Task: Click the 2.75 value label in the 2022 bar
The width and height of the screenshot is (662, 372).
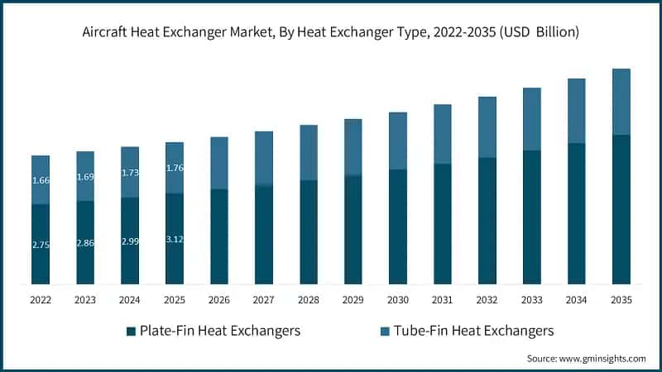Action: pos(41,246)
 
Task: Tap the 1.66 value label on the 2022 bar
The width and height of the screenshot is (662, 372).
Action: pos(41,180)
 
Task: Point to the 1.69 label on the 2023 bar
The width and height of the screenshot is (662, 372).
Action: pos(85,176)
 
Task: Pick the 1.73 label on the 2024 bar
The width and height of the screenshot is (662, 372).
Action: pos(130,172)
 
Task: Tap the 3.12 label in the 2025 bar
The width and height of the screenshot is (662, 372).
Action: pos(175,240)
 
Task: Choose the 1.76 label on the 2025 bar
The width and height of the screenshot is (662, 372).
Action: pos(175,168)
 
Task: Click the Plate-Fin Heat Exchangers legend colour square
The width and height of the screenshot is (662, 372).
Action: pos(131,331)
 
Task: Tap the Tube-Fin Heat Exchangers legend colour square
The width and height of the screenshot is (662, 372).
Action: pos(382,331)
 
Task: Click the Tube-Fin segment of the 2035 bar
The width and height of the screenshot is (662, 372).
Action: pos(621,101)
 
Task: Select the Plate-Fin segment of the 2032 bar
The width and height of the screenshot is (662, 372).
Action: pos(487,221)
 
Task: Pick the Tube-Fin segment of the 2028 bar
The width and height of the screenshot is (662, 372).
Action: pos(308,152)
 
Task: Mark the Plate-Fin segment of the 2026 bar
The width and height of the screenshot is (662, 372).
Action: pos(219,236)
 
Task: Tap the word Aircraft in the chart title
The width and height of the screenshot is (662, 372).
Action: pos(107,33)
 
